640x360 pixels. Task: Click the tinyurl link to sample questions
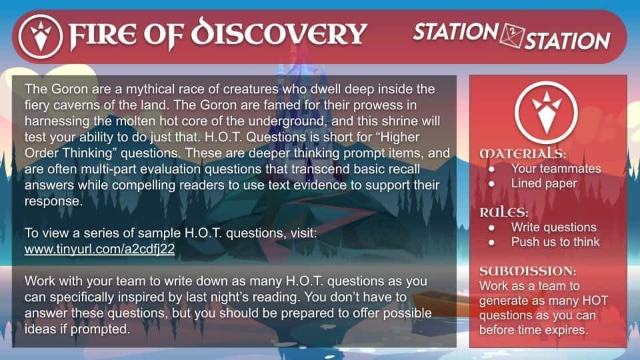99,249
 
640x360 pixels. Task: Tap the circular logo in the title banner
41,36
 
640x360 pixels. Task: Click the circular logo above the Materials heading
546,112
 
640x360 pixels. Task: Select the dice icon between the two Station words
512,35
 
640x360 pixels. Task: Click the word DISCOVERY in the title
279,33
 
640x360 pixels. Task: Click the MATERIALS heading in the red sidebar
523,153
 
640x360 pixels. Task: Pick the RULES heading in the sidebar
504,212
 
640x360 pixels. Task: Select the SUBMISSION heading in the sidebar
528,271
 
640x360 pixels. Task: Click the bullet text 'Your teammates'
556,169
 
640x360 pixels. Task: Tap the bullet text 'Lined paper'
544,184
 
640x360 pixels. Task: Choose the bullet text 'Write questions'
554,227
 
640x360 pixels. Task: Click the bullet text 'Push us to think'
555,242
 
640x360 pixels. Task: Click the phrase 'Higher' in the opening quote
399,137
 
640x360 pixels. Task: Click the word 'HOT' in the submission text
595,301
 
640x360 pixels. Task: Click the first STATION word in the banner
455,32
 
